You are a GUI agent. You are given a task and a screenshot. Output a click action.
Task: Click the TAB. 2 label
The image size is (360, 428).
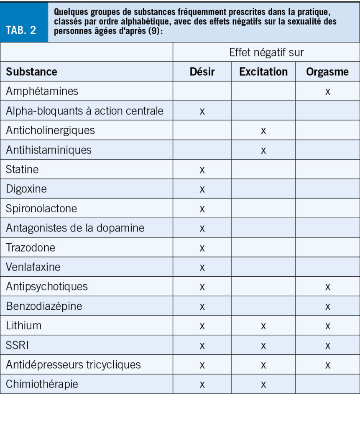21,30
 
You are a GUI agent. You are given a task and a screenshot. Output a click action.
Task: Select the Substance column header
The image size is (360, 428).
31,71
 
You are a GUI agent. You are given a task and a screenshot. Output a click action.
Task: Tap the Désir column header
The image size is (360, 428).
202,71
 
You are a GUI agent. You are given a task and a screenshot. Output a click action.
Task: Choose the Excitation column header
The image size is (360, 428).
263,71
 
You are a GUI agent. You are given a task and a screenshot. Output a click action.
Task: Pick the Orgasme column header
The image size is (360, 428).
327,71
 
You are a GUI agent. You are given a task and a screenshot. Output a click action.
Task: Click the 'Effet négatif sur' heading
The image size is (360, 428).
266,52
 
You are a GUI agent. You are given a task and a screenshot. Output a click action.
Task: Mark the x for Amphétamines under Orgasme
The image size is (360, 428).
327,92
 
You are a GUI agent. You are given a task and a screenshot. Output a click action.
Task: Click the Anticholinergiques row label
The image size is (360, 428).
50,130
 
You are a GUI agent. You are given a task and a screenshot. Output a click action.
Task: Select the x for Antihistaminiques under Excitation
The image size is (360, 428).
263,150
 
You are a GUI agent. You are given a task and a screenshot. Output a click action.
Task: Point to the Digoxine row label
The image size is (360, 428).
26,189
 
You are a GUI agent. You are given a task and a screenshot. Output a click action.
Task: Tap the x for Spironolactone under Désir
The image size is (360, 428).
202,209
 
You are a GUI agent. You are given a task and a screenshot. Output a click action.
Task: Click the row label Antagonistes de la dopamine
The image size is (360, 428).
75,228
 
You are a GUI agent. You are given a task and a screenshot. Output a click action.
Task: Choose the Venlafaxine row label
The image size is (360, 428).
33,267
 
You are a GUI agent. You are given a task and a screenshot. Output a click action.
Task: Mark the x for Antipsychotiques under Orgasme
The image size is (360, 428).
327,287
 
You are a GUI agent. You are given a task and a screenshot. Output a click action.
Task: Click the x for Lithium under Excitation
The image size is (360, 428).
263,326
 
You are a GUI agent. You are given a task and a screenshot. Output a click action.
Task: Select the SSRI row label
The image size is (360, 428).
18,345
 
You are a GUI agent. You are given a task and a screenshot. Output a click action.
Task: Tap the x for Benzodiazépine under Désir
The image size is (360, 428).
202,306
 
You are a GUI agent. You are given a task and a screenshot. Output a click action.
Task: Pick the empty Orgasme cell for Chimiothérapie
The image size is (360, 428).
327,384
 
